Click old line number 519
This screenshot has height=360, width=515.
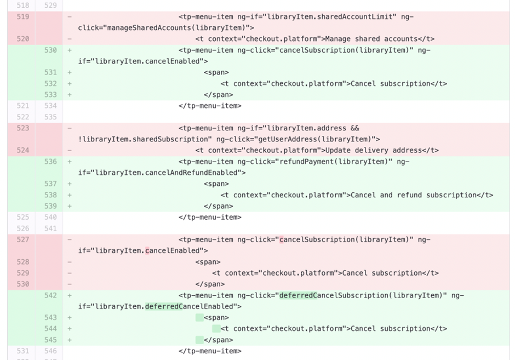click(22, 17)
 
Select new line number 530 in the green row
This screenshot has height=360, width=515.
click(50, 50)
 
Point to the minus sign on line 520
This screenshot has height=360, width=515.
click(70, 39)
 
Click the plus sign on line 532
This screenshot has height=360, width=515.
click(70, 84)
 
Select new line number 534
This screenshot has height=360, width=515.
click(50, 106)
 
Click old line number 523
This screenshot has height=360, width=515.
click(22, 128)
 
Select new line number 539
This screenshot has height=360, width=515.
click(50, 206)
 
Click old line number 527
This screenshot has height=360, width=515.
click(22, 240)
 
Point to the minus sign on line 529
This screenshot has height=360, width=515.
click(70, 273)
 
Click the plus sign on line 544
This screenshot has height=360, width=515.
click(70, 329)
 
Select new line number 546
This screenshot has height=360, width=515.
click(50, 351)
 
